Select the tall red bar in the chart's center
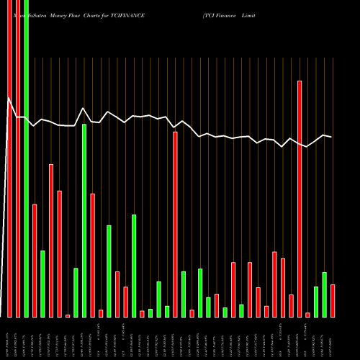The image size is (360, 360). pyautogui.click(x=175, y=224)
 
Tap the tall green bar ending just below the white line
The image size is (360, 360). pyautogui.click(x=84, y=220)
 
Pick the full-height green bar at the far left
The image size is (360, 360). pyautogui.click(x=26, y=158)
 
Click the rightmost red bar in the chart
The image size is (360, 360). pyautogui.click(x=333, y=300)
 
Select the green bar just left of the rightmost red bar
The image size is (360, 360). pyautogui.click(x=324, y=294)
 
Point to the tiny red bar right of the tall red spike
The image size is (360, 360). pyautogui.click(x=307, y=315)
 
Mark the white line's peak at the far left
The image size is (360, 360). pyautogui.click(x=9, y=98)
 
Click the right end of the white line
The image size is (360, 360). pyautogui.click(x=331, y=137)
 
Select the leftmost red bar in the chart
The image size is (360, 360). pyautogui.click(x=9, y=158)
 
